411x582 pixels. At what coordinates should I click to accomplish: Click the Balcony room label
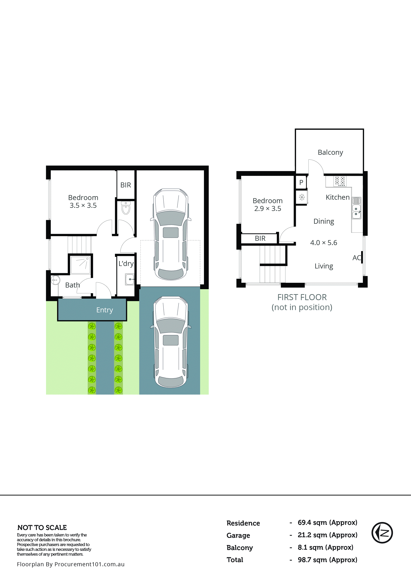click(330, 152)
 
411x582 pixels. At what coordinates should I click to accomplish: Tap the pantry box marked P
click(301, 182)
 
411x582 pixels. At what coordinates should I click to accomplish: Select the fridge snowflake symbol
click(301, 197)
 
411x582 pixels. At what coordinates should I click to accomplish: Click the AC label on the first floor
click(356, 258)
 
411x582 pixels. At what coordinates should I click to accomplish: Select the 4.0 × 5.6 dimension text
click(324, 243)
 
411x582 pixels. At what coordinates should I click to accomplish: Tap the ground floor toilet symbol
click(126, 208)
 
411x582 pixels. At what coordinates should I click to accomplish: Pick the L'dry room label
click(126, 264)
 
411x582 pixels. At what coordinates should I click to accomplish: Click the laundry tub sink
click(130, 279)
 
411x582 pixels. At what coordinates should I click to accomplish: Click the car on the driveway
click(171, 342)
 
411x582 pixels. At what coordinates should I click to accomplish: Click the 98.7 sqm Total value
click(327, 559)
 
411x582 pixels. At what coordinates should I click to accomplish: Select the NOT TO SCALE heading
click(42, 527)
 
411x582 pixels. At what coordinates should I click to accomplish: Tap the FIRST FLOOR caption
click(302, 297)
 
